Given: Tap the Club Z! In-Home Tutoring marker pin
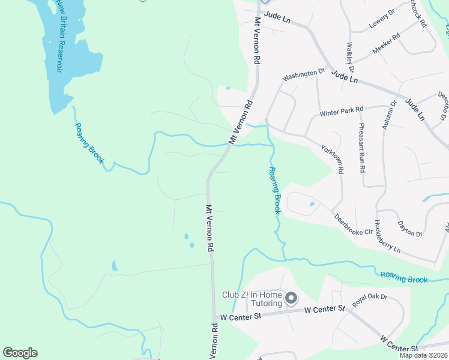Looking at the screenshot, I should click(x=291, y=298).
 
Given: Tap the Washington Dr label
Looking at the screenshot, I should click(x=303, y=75).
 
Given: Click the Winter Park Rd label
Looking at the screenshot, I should click(x=342, y=112).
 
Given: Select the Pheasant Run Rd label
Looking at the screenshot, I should click(x=362, y=147).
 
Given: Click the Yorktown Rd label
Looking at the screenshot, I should click(x=332, y=159).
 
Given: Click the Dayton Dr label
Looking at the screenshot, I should click(x=411, y=228).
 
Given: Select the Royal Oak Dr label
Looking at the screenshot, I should click(x=370, y=300).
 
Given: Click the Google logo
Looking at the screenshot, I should click(x=20, y=353).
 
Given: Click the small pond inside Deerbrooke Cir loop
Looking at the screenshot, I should click(x=311, y=205).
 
